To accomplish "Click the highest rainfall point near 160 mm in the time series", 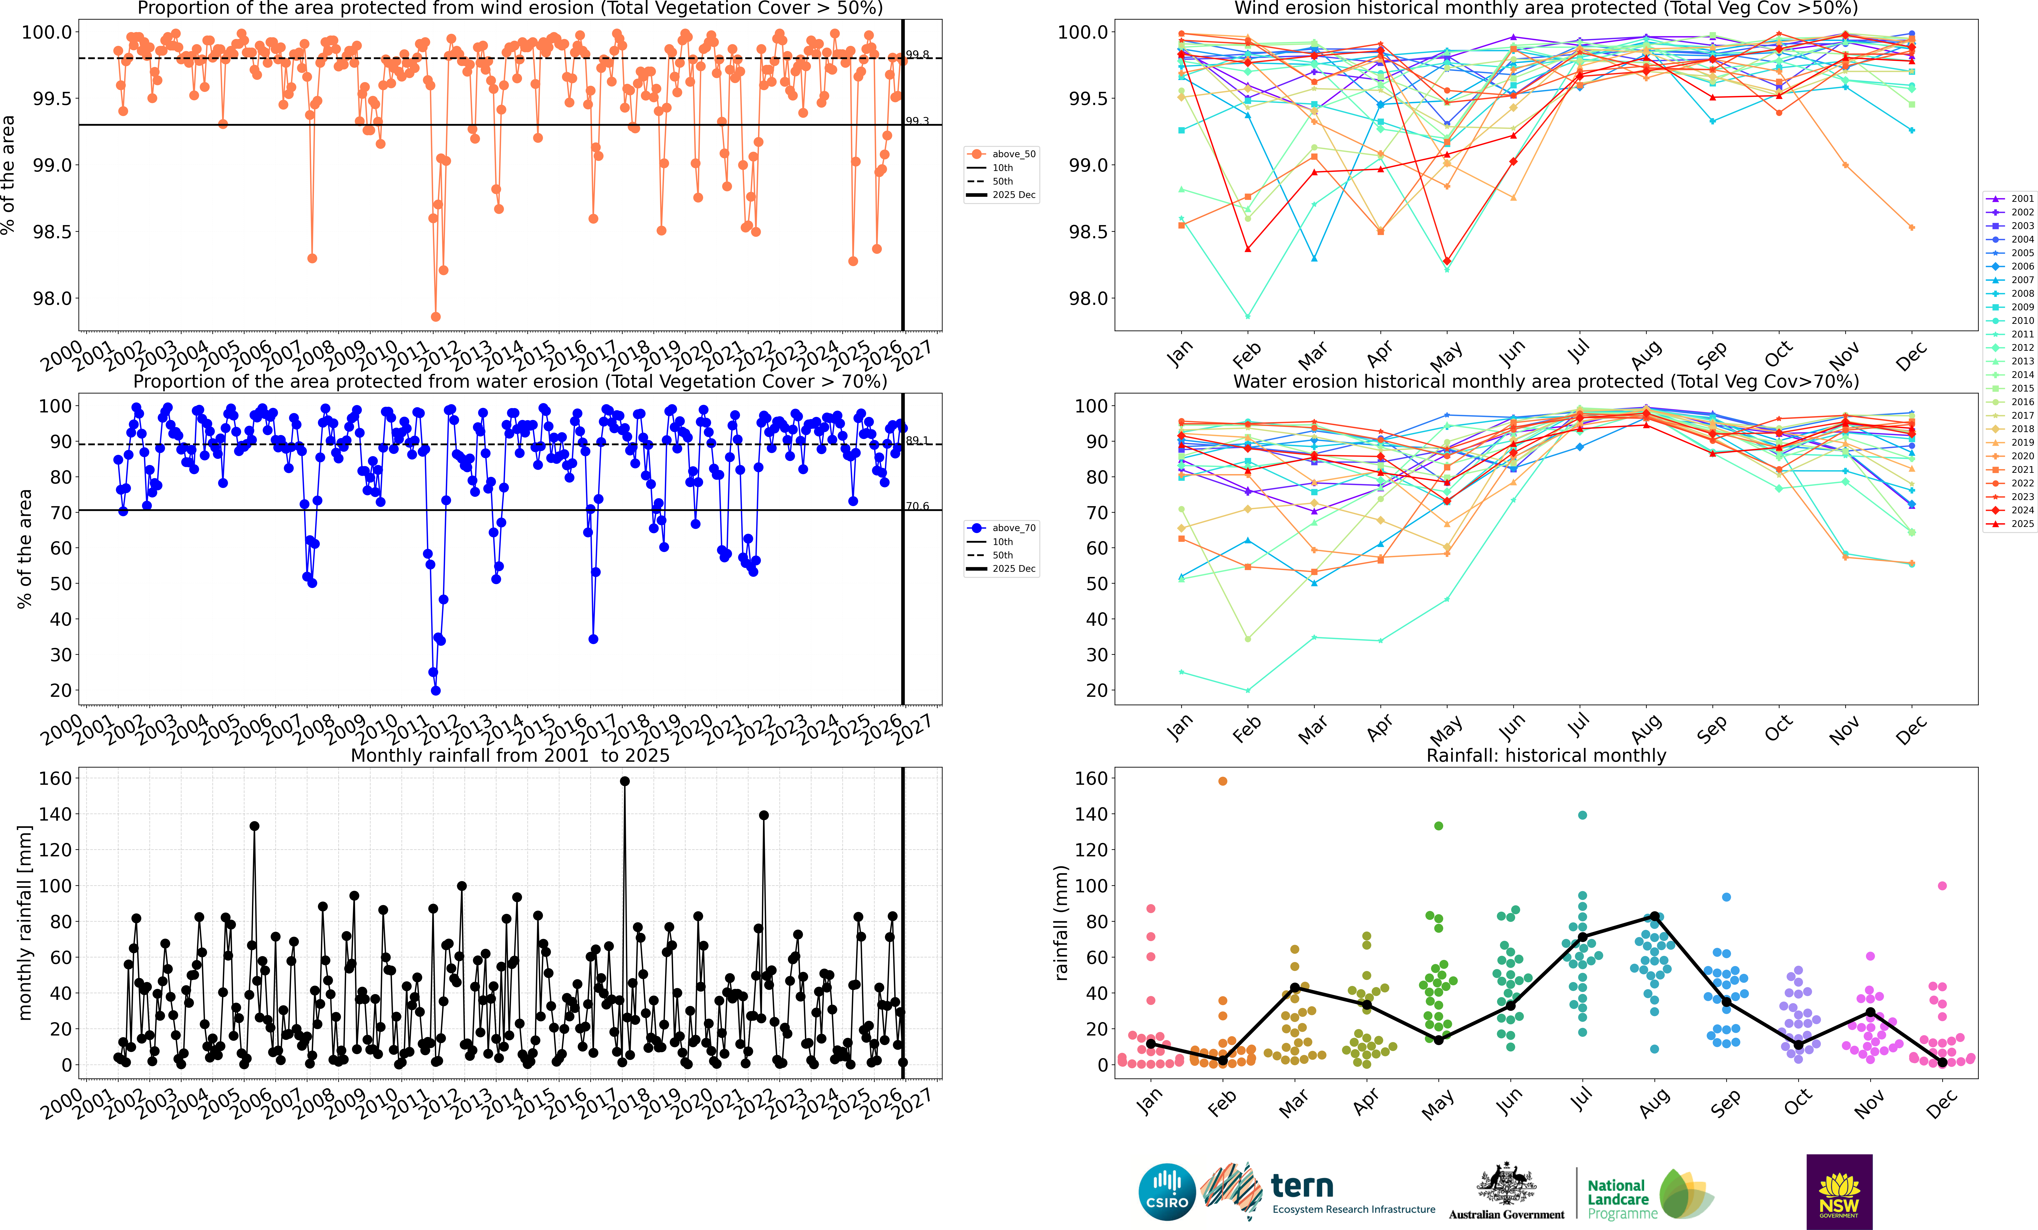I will [625, 781].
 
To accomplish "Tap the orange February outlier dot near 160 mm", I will [1222, 781].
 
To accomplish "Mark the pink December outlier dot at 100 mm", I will [1942, 886].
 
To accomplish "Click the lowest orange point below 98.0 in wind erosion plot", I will [436, 317].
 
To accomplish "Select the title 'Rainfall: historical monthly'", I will [1546, 755].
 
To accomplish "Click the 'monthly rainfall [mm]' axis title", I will [25, 922].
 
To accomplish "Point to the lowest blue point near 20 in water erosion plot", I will [436, 690].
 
